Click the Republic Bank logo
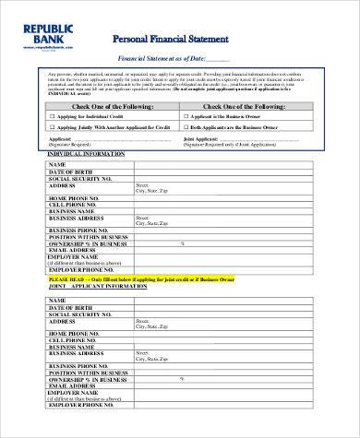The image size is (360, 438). coord(43,32)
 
